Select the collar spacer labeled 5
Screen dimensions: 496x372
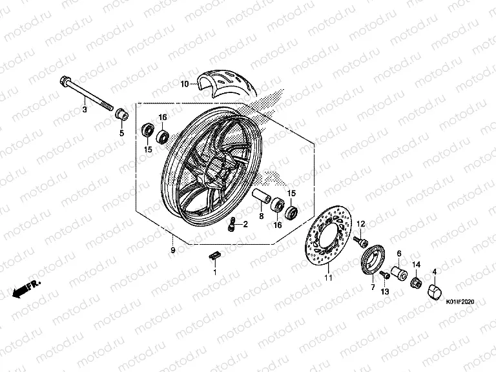point(121,115)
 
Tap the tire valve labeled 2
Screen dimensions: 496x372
point(232,223)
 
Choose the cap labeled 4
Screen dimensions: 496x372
point(434,291)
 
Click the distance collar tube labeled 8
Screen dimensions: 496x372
point(262,196)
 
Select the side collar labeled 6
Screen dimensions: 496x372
point(399,273)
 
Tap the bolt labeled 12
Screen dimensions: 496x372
point(360,241)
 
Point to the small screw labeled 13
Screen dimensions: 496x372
point(385,274)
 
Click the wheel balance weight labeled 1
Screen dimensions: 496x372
point(214,256)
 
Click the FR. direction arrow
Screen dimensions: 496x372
point(26,289)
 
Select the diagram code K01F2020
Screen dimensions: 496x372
point(460,302)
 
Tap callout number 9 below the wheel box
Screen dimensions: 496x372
point(172,250)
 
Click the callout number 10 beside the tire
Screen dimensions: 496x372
point(185,84)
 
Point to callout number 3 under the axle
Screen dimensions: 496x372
point(85,110)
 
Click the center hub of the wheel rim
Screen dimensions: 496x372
point(218,172)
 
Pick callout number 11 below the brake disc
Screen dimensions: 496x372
point(328,278)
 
